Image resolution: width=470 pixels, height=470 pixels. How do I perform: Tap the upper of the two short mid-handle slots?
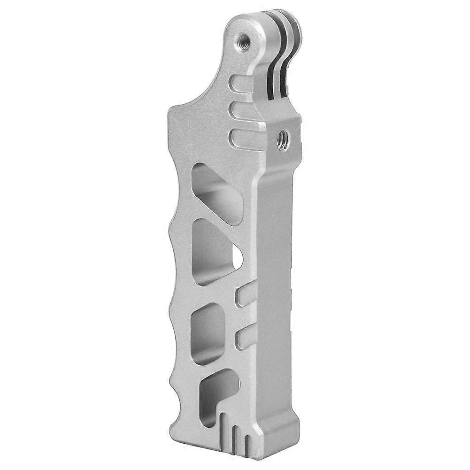coord(245,295)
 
